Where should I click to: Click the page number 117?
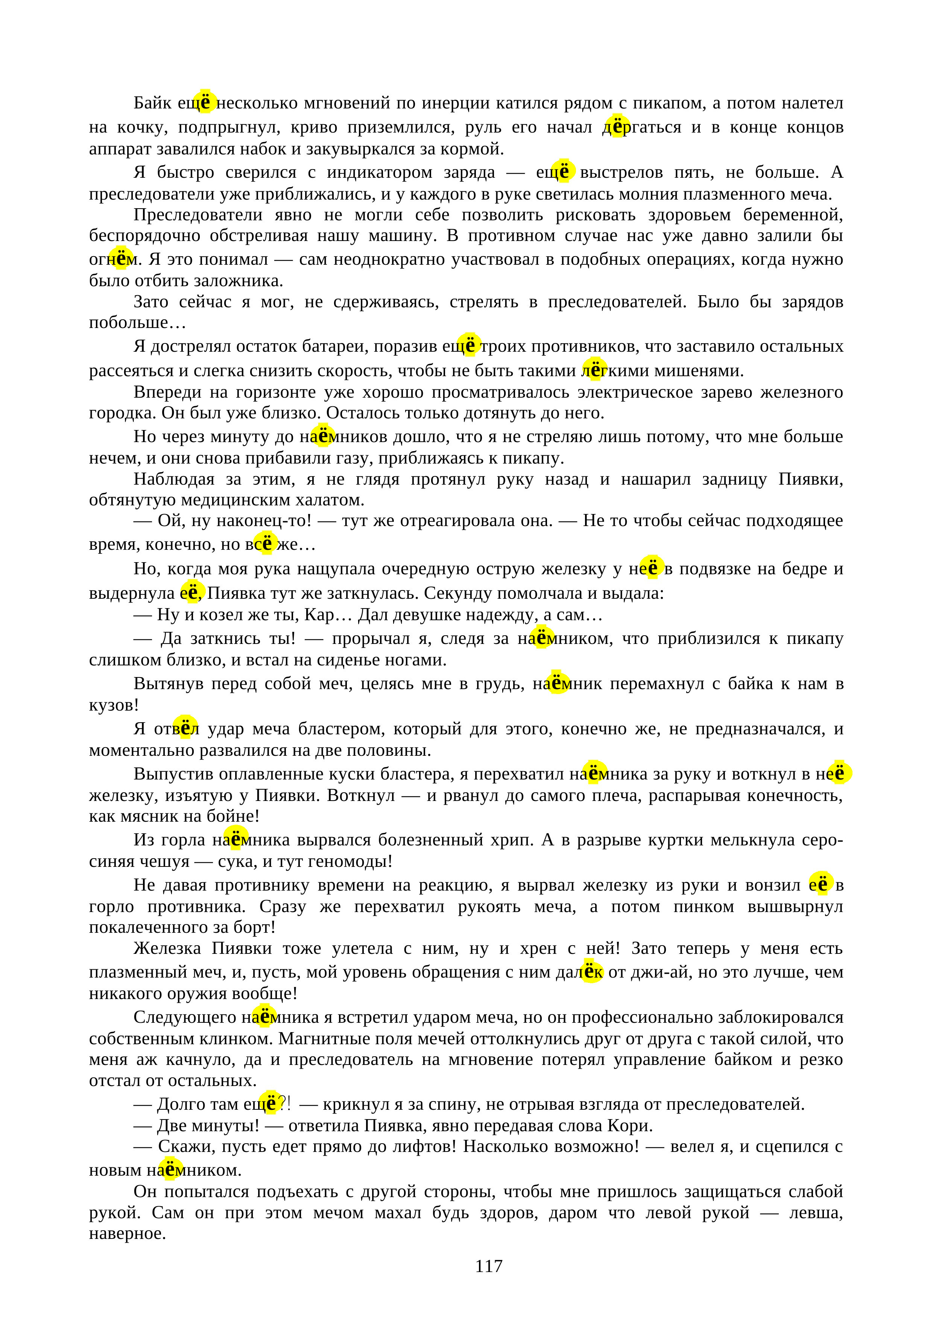pos(489,1266)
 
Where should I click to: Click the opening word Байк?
pos(152,103)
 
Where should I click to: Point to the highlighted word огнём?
pos(112,259)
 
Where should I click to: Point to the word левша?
pos(815,1213)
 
